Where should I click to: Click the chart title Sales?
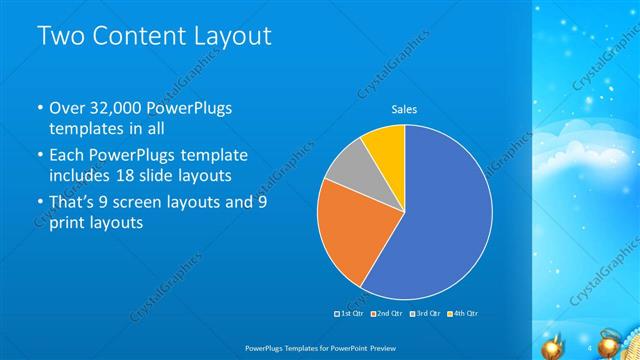pyautogui.click(x=404, y=110)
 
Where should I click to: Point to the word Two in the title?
pyautogui.click(x=60, y=36)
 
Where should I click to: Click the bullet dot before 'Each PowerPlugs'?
pyautogui.click(x=39, y=156)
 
